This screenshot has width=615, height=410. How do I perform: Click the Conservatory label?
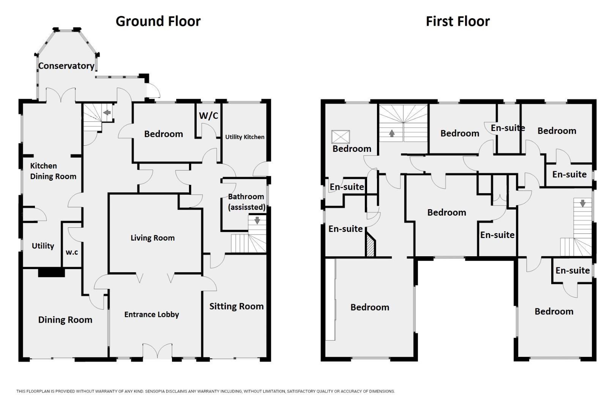tap(66, 66)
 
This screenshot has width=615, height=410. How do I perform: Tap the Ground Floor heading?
tap(158, 21)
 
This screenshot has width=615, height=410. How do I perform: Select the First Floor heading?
tap(457, 21)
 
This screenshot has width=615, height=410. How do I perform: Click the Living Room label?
tap(153, 238)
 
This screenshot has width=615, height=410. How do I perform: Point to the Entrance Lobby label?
tap(151, 314)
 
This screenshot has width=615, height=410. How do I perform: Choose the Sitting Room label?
tap(236, 306)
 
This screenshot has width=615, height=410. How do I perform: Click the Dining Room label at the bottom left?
tap(65, 320)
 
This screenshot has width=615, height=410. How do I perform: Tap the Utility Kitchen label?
tap(244, 137)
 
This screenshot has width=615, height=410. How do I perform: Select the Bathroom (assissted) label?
tap(246, 202)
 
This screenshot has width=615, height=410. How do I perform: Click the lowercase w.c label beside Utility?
tap(72, 252)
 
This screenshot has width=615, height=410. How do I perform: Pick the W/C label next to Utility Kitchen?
tap(208, 116)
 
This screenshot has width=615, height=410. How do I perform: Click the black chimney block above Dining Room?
tap(51, 272)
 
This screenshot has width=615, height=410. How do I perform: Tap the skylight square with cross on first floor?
tap(341, 137)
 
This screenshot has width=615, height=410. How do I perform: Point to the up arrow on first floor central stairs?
tap(391, 133)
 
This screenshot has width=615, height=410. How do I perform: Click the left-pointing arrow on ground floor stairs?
tap(107, 112)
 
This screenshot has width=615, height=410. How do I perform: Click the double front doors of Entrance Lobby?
tap(157, 351)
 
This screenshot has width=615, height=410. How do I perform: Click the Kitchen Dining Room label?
tap(53, 171)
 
